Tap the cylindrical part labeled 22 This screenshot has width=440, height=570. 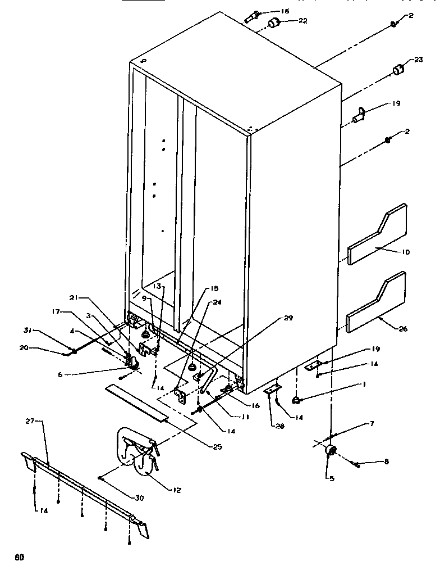[x=274, y=22]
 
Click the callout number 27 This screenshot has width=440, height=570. [x=30, y=421]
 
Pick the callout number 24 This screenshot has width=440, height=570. [x=217, y=302]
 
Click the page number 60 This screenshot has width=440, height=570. [x=19, y=558]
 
